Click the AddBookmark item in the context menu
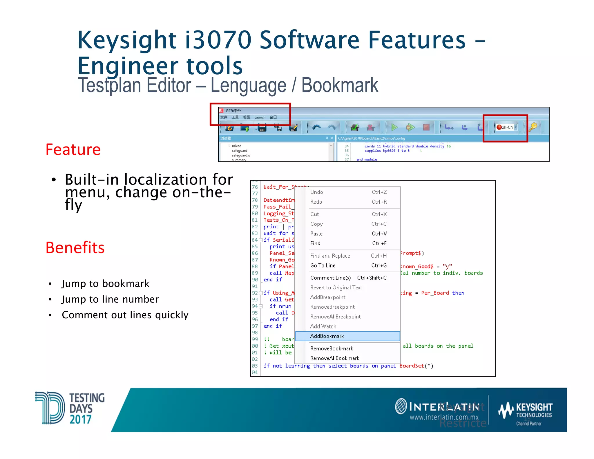point(327,336)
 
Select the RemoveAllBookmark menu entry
point(334,358)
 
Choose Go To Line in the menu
point(323,265)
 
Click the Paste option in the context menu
point(316,234)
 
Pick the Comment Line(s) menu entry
point(330,278)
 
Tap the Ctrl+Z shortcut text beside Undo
point(379,192)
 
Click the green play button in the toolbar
point(394,127)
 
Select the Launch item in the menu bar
point(260,117)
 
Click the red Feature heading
point(73,150)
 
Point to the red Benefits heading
point(75,248)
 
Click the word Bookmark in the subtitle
point(340,85)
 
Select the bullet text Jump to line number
point(110,299)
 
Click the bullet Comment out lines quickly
point(125,315)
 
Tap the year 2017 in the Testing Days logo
point(80,419)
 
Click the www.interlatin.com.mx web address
point(444,417)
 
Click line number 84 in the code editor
point(255,240)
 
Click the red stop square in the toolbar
point(426,127)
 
